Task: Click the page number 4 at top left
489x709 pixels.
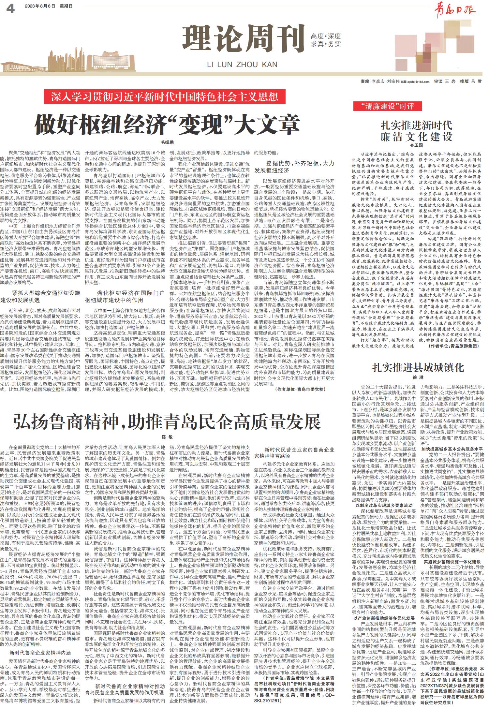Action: pyautogui.click(x=11, y=9)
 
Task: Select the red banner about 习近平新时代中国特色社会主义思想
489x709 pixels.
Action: pyautogui.click(x=165, y=97)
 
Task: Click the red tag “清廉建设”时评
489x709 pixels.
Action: pyautogui.click(x=387, y=106)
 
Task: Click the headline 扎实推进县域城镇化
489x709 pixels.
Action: pyautogui.click(x=418, y=368)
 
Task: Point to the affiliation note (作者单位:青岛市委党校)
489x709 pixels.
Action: pyautogui.click(x=300, y=390)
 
